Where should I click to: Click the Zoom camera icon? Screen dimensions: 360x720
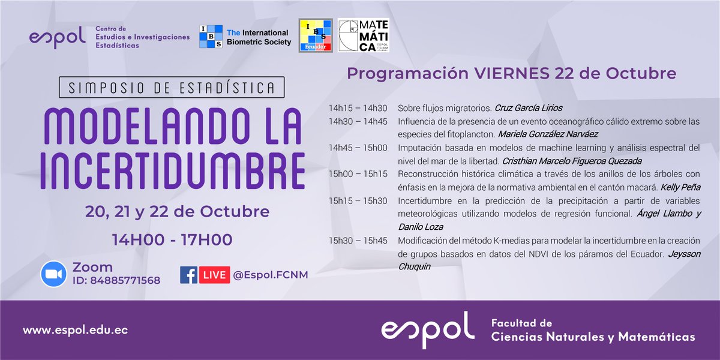53,274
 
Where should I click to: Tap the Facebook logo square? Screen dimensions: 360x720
189,275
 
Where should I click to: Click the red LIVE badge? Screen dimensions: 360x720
214,275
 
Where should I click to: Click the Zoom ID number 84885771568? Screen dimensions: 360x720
125,280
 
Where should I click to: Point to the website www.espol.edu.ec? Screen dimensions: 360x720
76,331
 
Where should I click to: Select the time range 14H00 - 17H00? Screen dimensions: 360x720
172,240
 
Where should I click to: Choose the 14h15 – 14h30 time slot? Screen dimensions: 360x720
358,108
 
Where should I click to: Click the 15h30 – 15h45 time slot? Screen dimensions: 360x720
358,241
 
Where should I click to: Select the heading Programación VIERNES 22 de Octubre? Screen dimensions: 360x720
512,74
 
